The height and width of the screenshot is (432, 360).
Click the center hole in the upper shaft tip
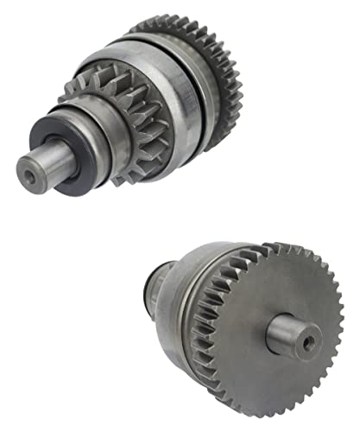tap(33, 176)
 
